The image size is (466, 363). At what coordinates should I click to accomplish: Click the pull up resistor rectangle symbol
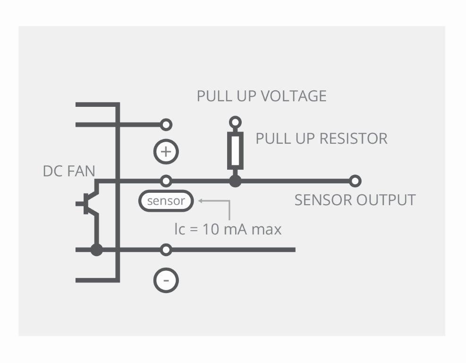point(235,151)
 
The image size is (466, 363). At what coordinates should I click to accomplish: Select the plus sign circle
point(166,152)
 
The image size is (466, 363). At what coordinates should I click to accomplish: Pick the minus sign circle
point(166,280)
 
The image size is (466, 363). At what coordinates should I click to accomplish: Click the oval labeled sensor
point(166,201)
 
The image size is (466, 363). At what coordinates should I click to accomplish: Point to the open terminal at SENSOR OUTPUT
point(356,181)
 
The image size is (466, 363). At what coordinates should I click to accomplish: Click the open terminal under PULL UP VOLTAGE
point(235,122)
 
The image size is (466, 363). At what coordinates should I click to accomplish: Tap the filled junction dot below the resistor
point(235,181)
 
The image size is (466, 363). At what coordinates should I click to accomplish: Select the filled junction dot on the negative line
point(97,250)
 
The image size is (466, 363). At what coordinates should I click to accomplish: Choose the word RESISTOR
point(354,138)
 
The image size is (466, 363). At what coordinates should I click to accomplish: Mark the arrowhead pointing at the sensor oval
point(201,201)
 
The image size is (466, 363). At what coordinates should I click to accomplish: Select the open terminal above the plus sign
point(166,125)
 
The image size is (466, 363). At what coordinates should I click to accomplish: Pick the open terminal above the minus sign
point(166,250)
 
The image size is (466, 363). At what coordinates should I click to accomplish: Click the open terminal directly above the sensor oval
point(166,181)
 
